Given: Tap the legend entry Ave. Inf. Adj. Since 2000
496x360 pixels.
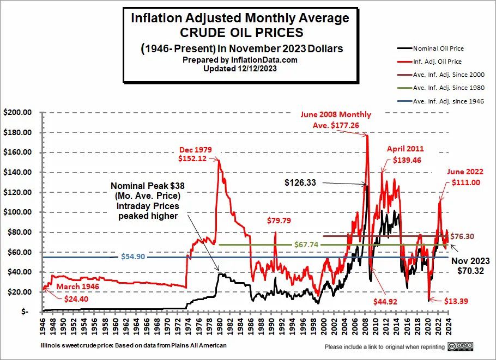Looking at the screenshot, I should [x=449, y=75].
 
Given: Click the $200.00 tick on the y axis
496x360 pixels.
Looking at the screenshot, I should [x=19, y=113].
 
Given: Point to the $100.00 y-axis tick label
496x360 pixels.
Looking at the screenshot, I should [x=19, y=212].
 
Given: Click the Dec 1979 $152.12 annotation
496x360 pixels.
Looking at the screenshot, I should [x=195, y=154].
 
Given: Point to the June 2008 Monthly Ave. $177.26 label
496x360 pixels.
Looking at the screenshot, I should [x=335, y=119].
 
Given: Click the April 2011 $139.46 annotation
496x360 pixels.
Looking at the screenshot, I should [x=405, y=154].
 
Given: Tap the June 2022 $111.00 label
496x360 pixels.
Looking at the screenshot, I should [x=465, y=177].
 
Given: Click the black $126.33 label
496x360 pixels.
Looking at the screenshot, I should [x=300, y=183].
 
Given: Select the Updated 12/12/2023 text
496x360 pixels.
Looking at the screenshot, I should [x=240, y=69].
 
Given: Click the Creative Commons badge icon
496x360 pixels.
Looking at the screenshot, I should [x=461, y=346].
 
